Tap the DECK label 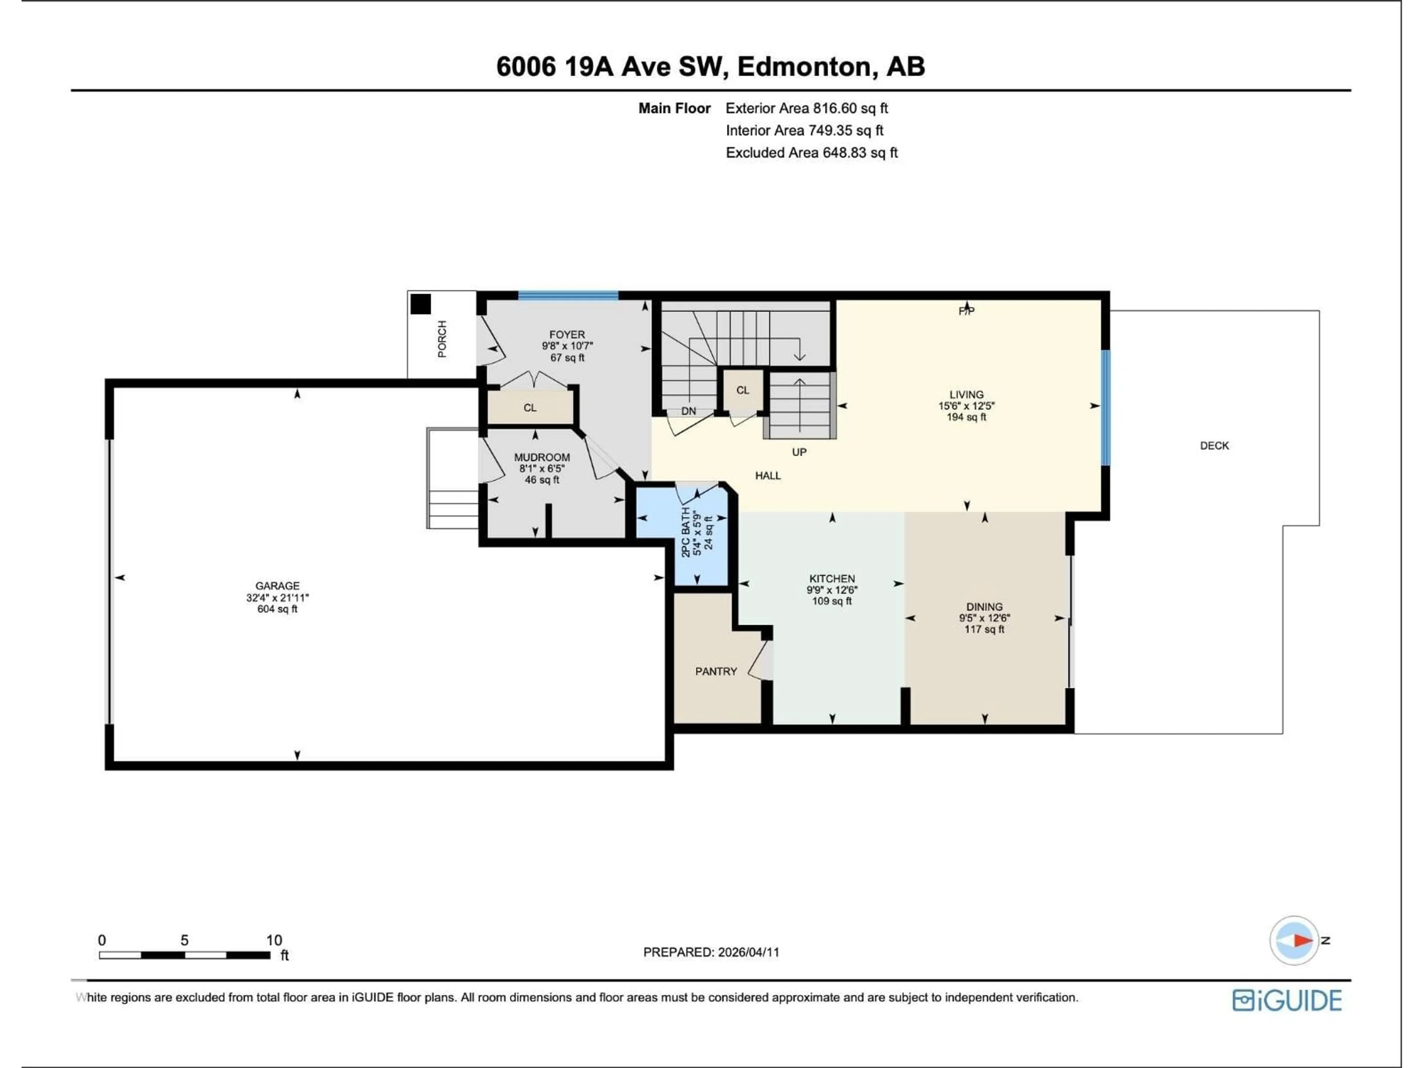(x=1214, y=445)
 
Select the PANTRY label (x=716, y=672)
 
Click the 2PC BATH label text (x=686, y=532)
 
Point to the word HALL (x=767, y=476)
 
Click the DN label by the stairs (x=688, y=411)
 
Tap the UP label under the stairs (x=799, y=452)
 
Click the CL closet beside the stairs (x=742, y=390)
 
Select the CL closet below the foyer (x=530, y=408)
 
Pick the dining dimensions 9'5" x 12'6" (x=984, y=618)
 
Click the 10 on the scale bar (x=274, y=940)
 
